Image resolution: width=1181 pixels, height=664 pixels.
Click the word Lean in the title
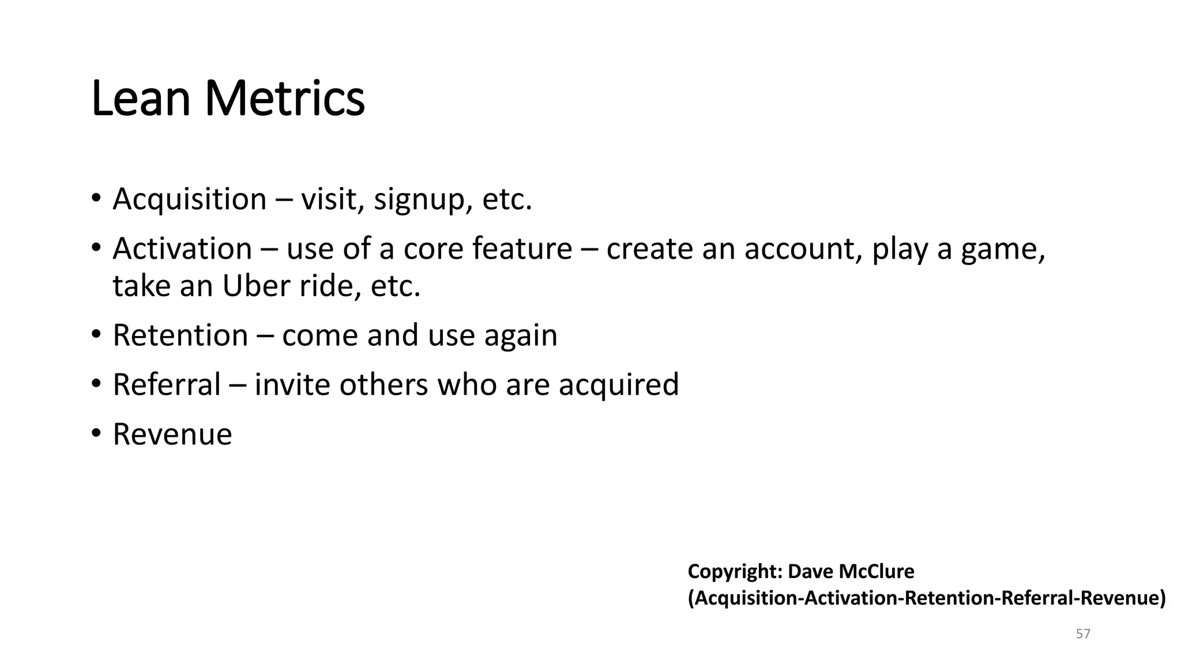(141, 99)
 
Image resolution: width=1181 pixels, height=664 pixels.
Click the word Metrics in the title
(285, 99)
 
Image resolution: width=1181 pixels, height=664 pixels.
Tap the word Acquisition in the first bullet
(190, 199)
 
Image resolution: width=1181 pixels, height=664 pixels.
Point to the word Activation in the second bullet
(182, 249)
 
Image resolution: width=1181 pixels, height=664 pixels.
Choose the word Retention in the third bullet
(180, 335)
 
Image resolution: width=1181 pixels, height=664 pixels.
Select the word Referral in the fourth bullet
(167, 385)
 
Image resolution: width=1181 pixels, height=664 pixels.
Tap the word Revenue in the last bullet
(172, 435)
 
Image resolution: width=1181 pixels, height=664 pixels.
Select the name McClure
(877, 572)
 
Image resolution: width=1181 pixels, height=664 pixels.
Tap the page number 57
(1083, 634)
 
